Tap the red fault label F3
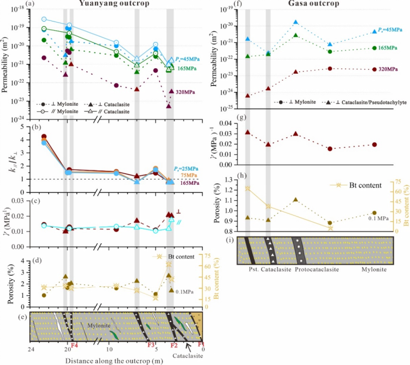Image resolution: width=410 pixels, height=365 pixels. pyautogui.click(x=150, y=346)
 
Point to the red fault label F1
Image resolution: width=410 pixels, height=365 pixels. pyautogui.click(x=201, y=346)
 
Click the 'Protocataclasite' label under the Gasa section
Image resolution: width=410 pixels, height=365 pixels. pyautogui.click(x=316, y=271)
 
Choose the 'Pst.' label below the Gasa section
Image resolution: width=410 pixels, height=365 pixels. pyautogui.click(x=251, y=271)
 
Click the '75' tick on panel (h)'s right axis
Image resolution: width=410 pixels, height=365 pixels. pyautogui.click(x=393, y=178)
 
